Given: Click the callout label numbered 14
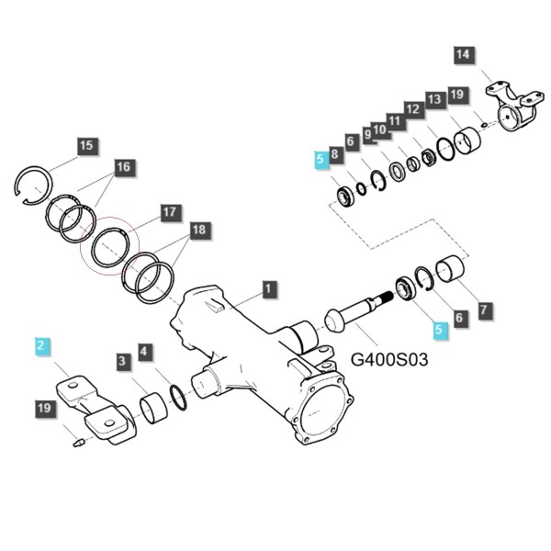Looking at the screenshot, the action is point(464,54).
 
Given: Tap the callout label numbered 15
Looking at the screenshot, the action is point(86,146).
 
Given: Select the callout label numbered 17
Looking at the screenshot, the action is point(170,212).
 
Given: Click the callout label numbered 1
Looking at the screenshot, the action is point(268,289).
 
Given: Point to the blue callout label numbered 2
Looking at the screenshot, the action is point(41,345).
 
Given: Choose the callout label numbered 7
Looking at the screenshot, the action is point(485,309).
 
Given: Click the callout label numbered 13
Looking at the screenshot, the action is point(435,99).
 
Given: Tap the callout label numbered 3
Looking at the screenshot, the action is point(123,361).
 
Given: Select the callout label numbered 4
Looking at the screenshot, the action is point(145,351).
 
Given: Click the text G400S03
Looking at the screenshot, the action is point(389,359).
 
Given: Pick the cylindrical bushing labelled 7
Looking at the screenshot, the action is point(450,268).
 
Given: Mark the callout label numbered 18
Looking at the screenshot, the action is point(199,230).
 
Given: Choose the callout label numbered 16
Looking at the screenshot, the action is point(124,167).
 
